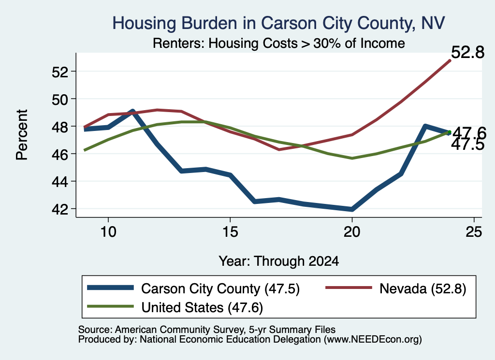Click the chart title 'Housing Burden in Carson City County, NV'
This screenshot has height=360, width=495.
pyautogui.click(x=278, y=24)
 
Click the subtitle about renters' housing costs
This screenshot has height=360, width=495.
pyautogui.click(x=279, y=43)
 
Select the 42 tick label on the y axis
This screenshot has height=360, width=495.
pyautogui.click(x=60, y=209)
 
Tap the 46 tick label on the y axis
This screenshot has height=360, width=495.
pyautogui.click(x=60, y=154)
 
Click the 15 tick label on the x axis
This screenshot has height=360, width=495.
pyautogui.click(x=230, y=232)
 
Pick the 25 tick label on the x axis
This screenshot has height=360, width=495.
pyautogui.click(x=474, y=232)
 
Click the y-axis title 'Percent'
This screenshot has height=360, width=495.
pyautogui.click(x=22, y=135)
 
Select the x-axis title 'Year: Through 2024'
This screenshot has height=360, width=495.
pyautogui.click(x=279, y=261)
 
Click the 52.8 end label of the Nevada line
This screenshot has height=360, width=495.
pyautogui.click(x=467, y=52)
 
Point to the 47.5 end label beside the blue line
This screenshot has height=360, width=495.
pyautogui.click(x=467, y=145)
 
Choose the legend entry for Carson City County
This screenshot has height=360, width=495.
pyautogui.click(x=193, y=288)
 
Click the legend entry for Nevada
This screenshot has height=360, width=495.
pyautogui.click(x=395, y=288)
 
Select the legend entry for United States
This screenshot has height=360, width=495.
pyautogui.click(x=175, y=307)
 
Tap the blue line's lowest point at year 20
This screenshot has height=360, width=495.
pyautogui.click(x=352, y=209)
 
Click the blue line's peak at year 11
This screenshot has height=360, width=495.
pyautogui.click(x=132, y=111)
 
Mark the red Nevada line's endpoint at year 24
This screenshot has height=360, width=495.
pyautogui.click(x=450, y=60)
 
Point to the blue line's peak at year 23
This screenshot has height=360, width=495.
pyautogui.click(x=425, y=127)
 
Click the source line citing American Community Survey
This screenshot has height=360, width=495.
pyautogui.click(x=207, y=330)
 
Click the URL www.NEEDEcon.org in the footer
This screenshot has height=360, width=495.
pyautogui.click(x=372, y=339)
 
